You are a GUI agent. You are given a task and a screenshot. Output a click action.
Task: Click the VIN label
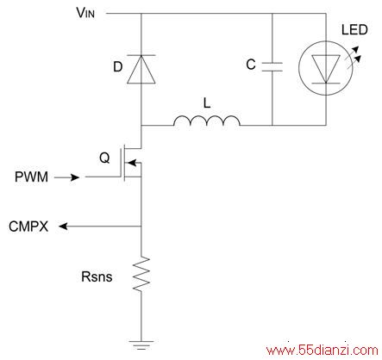point(85,13)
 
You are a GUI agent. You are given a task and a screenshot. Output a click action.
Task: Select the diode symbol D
point(141,69)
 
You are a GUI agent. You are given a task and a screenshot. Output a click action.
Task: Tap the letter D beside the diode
point(118,67)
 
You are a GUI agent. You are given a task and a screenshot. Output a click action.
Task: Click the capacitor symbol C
point(272,66)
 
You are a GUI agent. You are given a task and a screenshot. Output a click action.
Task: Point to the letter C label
point(251,65)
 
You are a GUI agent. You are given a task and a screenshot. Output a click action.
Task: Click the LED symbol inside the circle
point(326,68)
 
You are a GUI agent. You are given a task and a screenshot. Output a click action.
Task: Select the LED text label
point(354,30)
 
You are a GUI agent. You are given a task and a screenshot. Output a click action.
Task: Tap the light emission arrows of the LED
point(354,58)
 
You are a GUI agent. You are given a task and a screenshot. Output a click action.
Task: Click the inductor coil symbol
point(207,121)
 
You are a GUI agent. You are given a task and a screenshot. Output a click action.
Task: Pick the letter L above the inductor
point(207,102)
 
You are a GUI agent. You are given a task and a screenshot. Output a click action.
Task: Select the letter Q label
point(104,158)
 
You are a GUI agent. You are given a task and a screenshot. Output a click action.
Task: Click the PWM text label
point(31,177)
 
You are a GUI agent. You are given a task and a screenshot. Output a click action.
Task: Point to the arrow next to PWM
point(66,177)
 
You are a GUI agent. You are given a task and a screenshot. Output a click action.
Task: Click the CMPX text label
point(28,227)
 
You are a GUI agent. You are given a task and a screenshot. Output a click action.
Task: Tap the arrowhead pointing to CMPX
point(63,227)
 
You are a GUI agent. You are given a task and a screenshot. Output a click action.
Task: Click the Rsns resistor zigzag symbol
point(141,274)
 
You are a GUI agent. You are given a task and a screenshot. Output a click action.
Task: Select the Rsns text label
point(97,276)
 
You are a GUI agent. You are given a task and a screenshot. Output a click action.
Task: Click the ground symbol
point(141,344)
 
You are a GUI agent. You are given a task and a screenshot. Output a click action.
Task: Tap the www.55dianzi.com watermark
point(323,351)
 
